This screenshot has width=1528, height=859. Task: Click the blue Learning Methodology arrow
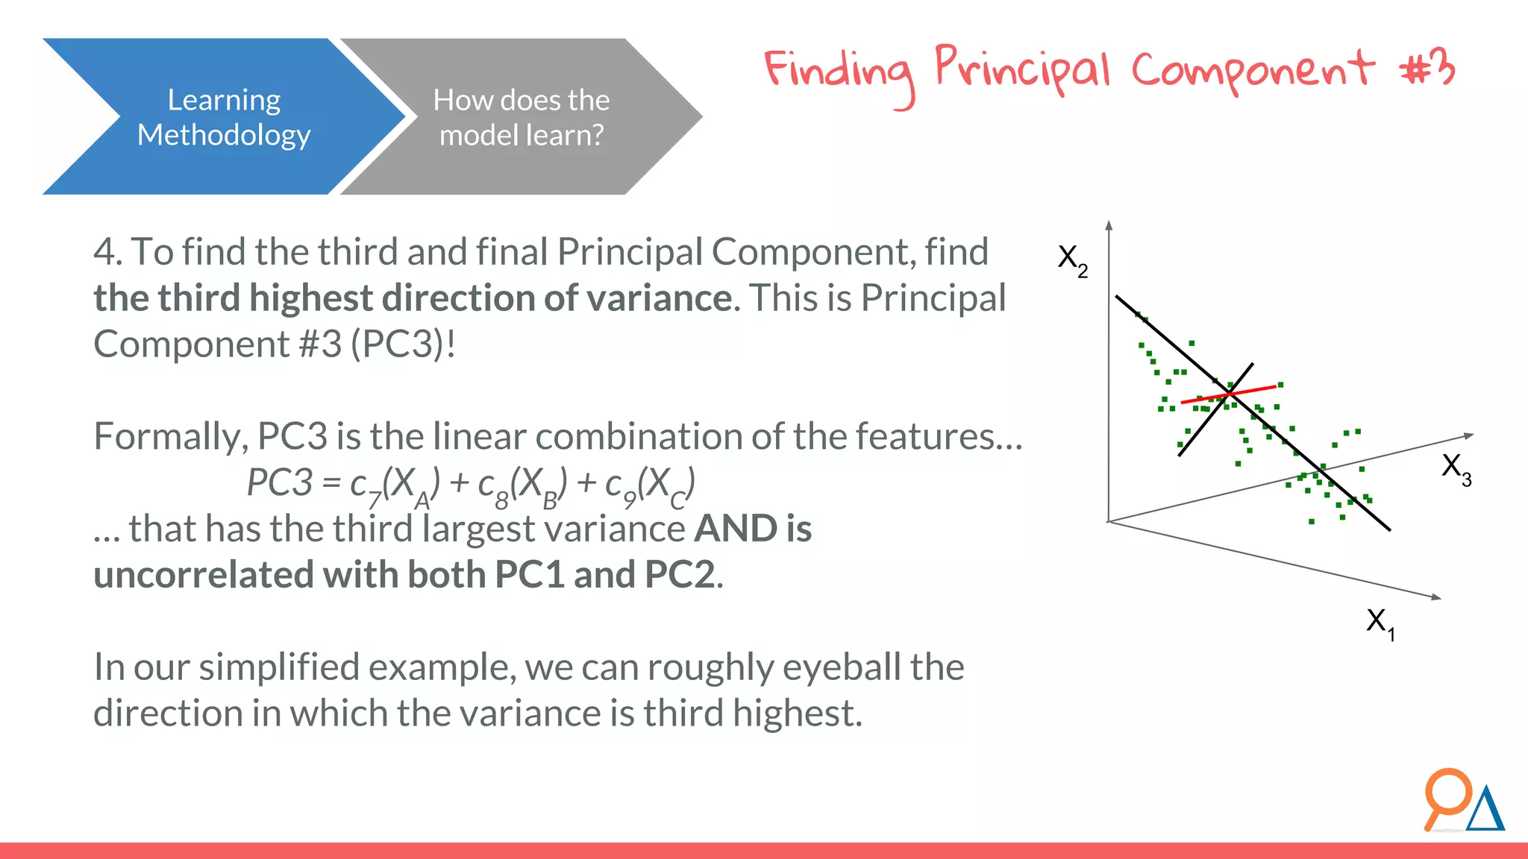224,117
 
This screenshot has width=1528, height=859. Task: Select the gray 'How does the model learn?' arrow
522,117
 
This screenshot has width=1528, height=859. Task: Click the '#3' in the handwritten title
1427,69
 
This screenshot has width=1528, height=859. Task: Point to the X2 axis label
1072,259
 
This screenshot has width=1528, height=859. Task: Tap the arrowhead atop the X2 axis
1109,224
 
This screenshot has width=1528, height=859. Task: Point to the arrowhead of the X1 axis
1435,597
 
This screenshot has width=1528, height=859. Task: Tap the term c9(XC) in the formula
649,485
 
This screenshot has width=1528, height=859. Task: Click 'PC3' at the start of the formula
279,482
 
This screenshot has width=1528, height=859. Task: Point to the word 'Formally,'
171,437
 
